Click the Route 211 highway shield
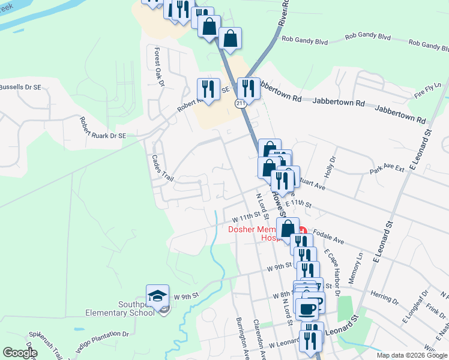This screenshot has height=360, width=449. click(240, 104)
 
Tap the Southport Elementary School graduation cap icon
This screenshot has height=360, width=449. click(157, 296)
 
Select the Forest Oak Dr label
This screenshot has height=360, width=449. click(159, 67)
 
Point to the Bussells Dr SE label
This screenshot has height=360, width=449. click(20, 87)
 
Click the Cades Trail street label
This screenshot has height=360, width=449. click(162, 170)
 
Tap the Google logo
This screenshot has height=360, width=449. click(19, 353)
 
